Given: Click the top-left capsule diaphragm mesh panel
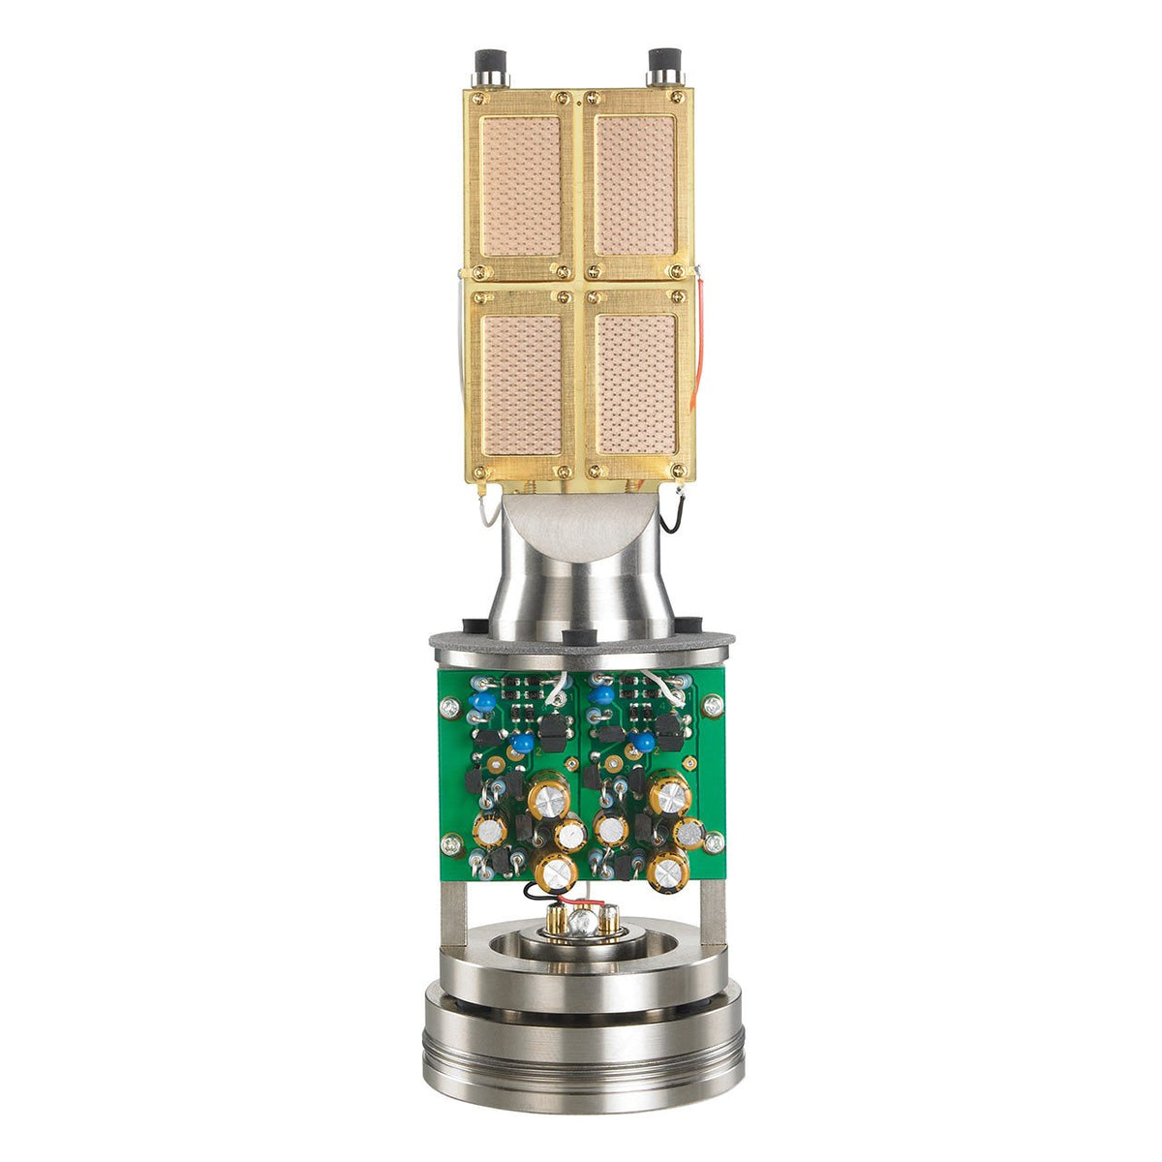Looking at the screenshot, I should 522,186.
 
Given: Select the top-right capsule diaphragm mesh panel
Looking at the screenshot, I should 634,186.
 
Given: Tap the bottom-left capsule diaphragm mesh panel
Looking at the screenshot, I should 522,384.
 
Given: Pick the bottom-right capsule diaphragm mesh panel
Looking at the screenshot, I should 635,384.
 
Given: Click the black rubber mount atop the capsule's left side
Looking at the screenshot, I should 485,69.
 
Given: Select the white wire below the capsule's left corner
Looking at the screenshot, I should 481,509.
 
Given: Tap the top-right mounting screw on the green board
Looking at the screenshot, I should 713,709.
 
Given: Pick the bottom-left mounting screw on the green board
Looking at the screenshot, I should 449,844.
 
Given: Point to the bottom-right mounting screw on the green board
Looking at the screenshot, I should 714,842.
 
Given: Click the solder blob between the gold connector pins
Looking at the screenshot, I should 581,922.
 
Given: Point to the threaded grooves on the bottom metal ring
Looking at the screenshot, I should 581,1052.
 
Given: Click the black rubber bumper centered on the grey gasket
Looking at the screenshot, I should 576,636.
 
